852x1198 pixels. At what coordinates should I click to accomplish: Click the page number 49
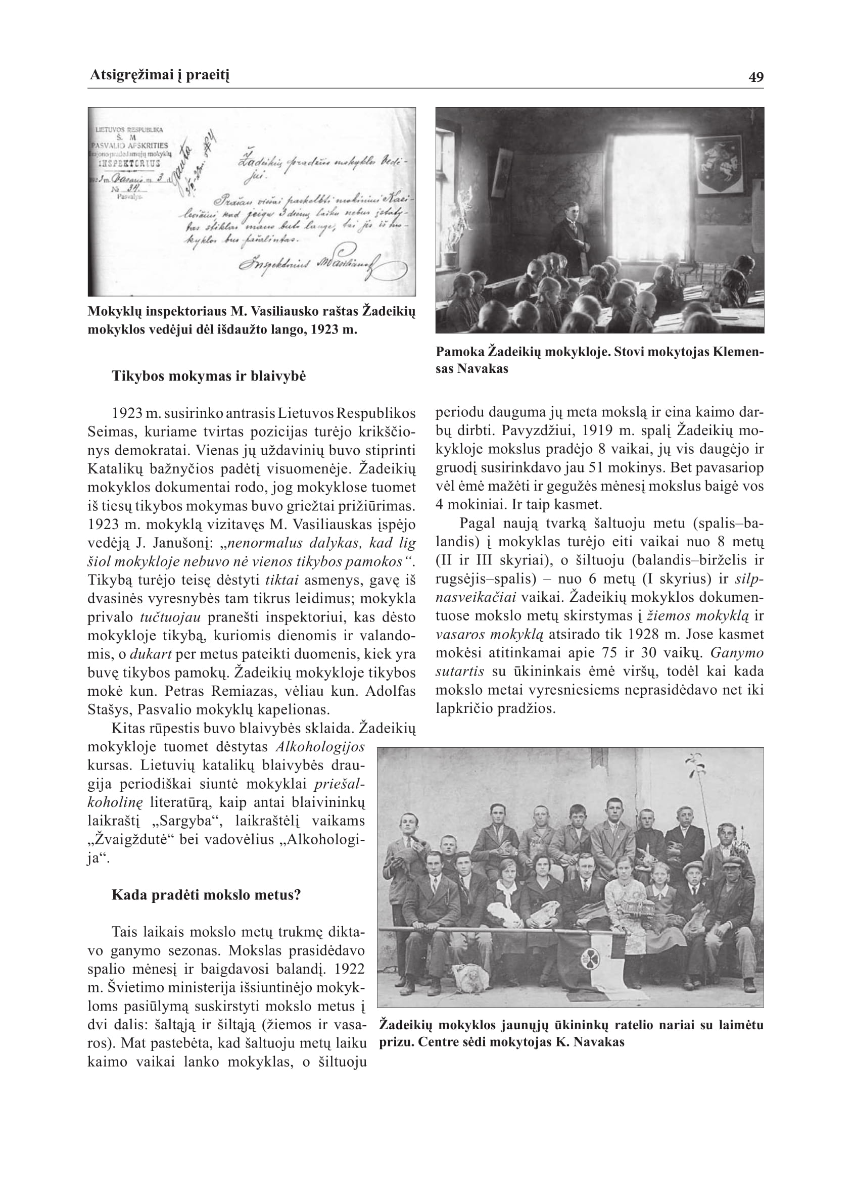756,77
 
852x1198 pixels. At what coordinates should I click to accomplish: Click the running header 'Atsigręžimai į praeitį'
160,75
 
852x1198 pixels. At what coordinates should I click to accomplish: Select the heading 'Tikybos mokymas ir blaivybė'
208,376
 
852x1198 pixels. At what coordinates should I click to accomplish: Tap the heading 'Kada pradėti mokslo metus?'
206,894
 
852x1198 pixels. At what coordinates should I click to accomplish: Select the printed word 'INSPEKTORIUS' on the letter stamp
128,163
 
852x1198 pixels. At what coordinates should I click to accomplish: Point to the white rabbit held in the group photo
505,913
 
